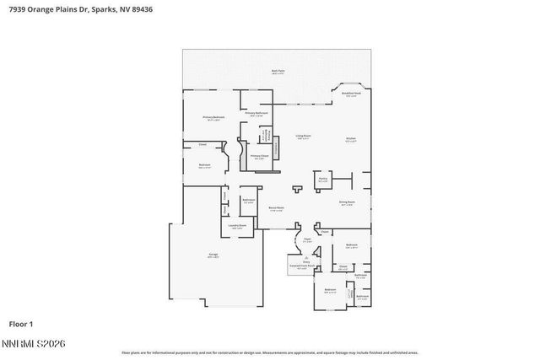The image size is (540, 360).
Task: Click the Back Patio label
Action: tap(277, 72)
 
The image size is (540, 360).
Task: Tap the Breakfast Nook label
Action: tap(351, 94)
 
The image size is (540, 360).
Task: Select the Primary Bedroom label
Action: tap(213, 118)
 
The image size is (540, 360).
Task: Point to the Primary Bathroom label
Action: tap(256, 113)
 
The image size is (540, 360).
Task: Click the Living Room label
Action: tap(303, 137)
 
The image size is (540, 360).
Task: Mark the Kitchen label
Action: tap(351, 139)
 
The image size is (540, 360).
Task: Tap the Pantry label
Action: tap(322, 179)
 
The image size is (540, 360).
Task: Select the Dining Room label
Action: tap(347, 203)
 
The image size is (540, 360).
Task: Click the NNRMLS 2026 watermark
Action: tap(35, 343)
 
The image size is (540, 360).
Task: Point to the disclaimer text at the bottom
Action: tap(269, 352)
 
